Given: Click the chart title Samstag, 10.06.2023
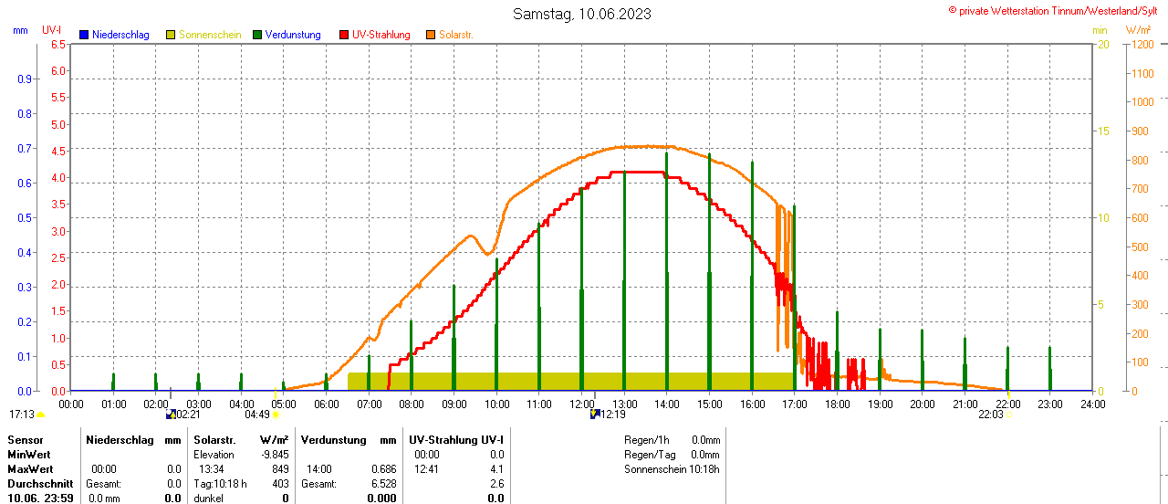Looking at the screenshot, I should coord(582,14).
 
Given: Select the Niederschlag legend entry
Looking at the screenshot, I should coord(114,35).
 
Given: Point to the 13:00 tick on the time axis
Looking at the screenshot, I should coord(624,403).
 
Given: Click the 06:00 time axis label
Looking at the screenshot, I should coord(327,403).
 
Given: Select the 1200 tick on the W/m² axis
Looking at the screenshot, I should coord(1142,44).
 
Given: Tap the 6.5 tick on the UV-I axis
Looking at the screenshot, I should coord(57,44).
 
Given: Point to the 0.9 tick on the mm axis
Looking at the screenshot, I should coord(25,79).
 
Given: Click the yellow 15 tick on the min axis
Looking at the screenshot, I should coord(1102,131).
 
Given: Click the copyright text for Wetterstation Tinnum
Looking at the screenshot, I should coord(1057,11).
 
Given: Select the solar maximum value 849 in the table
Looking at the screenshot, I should coord(279,469).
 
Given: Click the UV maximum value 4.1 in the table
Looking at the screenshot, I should coord(495,469).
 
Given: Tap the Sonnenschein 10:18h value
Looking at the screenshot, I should coord(705,469).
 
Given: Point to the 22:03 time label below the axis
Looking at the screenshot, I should coord(990,415).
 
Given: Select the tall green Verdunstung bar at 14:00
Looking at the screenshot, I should coord(667,274).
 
